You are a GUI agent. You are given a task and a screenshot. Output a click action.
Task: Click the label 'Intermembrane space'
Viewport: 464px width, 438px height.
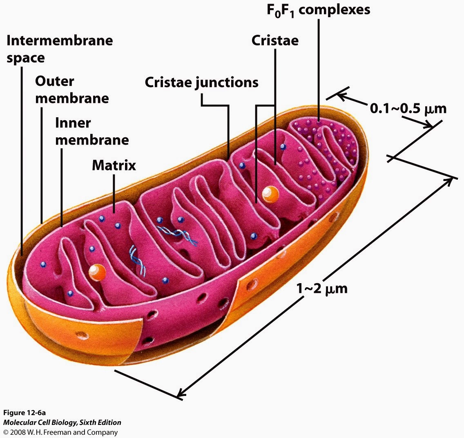60,49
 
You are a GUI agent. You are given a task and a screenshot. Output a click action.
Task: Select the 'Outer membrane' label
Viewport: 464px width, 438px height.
71,90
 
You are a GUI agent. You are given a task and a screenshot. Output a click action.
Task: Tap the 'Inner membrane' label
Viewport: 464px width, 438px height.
92,131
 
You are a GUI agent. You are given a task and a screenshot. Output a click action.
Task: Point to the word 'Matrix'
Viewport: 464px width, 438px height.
114,165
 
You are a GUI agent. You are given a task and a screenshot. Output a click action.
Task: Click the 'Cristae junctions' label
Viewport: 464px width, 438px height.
201,83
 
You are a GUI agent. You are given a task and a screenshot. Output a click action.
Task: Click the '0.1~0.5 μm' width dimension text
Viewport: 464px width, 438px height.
408,109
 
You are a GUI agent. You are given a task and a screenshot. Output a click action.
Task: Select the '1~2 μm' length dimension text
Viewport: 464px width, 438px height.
321,288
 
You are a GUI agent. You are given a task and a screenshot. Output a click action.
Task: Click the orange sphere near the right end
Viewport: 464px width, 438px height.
270,194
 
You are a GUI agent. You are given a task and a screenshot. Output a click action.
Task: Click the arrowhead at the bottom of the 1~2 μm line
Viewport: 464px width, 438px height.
180,394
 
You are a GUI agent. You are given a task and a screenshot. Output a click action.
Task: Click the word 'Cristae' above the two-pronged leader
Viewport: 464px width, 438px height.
274,40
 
